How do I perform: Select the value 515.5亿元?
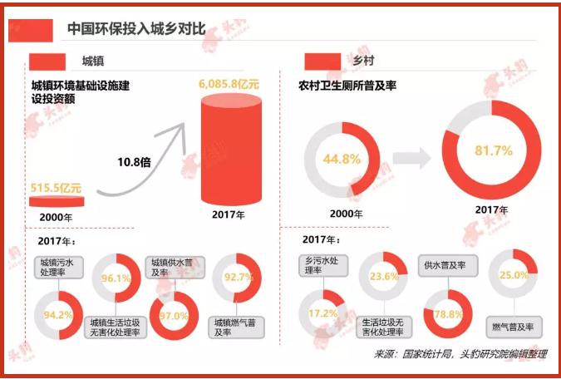56,188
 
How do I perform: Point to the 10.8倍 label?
134,162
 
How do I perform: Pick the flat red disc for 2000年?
56,202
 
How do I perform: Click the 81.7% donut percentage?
491,150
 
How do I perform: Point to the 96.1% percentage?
116,279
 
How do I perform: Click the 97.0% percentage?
174,316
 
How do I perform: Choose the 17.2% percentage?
322,314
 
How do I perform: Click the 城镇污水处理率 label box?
58,267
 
